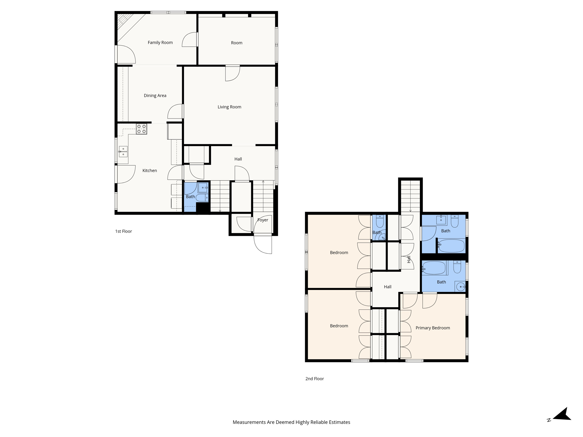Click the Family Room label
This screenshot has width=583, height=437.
tap(160, 43)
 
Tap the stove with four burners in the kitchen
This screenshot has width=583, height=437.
tap(141, 129)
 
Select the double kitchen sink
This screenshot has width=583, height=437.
tap(123, 152)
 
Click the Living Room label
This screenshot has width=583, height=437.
tap(229, 107)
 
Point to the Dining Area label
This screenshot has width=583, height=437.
tap(155, 96)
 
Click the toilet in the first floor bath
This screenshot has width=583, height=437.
tap(202, 197)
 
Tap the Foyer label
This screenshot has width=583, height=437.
tap(262, 220)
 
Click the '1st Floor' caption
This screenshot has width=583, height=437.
tap(123, 231)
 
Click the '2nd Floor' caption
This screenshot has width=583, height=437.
tap(314, 379)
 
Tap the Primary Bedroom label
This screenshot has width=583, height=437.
tap(432, 328)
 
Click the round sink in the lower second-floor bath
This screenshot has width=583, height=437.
tap(460, 286)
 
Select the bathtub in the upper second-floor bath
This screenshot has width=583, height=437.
tap(451, 246)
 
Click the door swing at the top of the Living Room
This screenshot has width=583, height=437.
tap(232, 73)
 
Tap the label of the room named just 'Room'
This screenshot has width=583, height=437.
tap(237, 43)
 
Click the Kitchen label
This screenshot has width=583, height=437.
tap(149, 171)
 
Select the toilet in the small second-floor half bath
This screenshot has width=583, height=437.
tap(380, 221)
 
